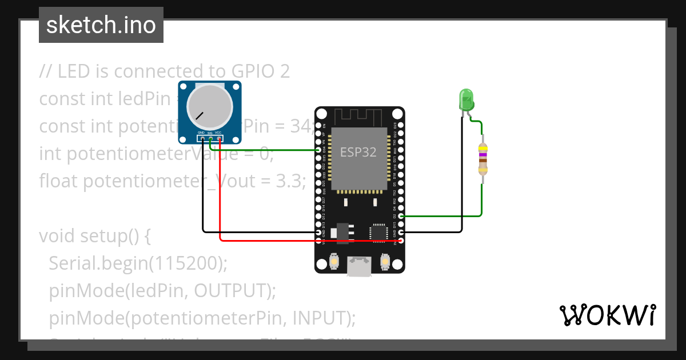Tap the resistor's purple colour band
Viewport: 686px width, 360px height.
(483, 154)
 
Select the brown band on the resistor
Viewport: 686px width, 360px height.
(483, 161)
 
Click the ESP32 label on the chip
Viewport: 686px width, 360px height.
(358, 152)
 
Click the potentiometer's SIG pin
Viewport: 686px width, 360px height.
(210, 138)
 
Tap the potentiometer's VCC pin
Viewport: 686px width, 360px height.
(218, 138)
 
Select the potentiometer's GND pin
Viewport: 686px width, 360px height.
(202, 138)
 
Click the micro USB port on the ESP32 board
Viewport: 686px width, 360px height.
(359, 266)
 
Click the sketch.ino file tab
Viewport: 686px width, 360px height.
(101, 25)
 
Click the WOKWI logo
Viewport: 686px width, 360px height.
(607, 315)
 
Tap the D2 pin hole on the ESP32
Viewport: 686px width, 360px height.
(401, 216)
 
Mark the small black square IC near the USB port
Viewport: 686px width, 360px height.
(377, 232)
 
